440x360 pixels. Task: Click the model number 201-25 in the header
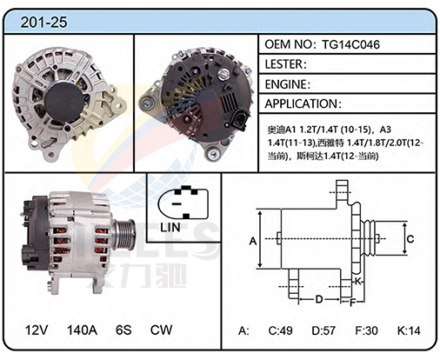click(x=43, y=22)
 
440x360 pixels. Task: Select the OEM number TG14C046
click(x=350, y=44)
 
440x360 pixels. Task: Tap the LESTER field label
click(x=285, y=64)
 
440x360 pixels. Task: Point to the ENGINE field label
click(x=288, y=84)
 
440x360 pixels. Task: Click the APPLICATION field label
click(x=303, y=103)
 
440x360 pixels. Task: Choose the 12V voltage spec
click(x=37, y=330)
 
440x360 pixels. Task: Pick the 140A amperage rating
click(x=82, y=330)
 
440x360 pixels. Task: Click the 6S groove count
click(x=123, y=330)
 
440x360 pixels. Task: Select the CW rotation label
click(x=161, y=330)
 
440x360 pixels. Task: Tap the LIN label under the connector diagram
click(x=170, y=228)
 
